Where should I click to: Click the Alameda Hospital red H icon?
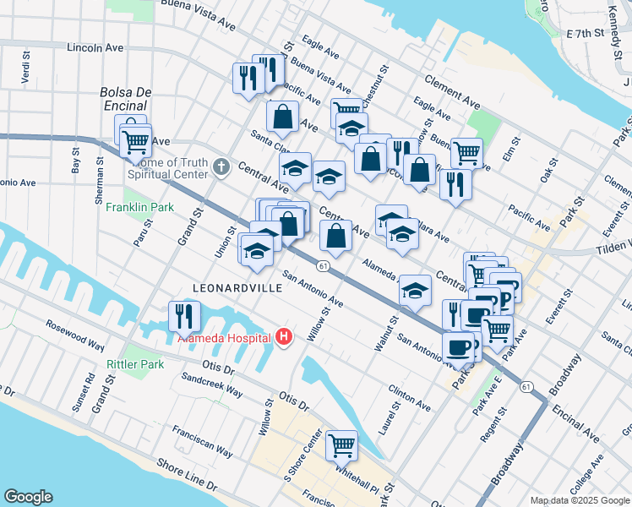284,337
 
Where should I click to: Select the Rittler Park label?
134,364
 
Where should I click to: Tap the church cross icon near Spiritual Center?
221,166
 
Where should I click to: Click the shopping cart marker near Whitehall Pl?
341,444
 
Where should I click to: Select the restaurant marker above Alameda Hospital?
184,316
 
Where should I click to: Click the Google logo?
28,496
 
